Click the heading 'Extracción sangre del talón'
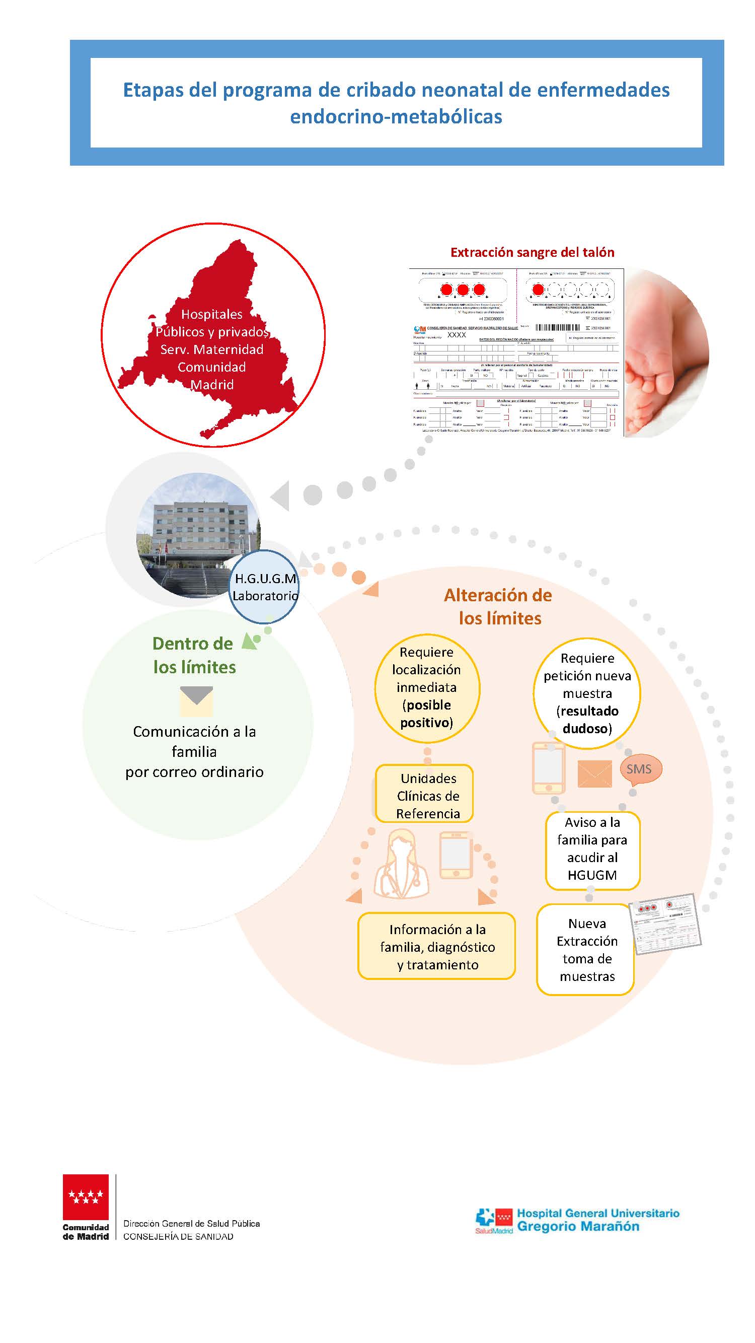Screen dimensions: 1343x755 click(532, 252)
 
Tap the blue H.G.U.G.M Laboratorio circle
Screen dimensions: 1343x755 click(265, 587)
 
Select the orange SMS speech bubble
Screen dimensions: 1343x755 click(639, 769)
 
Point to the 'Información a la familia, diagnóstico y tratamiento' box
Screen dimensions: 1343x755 click(436, 947)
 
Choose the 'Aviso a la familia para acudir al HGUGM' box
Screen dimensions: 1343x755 click(592, 850)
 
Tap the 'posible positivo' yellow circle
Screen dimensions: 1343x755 click(427, 688)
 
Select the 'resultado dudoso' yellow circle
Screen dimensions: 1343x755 click(587, 693)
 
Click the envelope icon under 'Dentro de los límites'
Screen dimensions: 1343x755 click(196, 701)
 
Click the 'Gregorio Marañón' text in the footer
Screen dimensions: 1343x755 click(578, 1226)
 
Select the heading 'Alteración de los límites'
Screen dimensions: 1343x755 click(498, 606)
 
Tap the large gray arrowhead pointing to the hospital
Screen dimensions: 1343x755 click(280, 496)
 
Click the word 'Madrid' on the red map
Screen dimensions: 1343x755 click(211, 385)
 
